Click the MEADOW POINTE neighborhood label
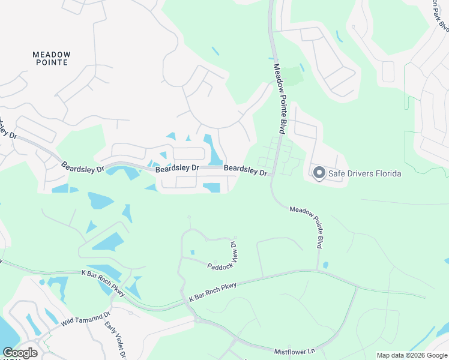(x=51, y=58)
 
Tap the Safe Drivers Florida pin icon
(x=319, y=173)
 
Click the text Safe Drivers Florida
(x=364, y=174)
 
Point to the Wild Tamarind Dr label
(x=86, y=319)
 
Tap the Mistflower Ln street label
(x=295, y=351)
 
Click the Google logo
(x=20, y=353)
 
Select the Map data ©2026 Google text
(x=412, y=355)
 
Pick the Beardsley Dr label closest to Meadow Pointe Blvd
(x=246, y=171)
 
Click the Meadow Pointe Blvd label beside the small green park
(x=279, y=99)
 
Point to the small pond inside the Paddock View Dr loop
(x=192, y=253)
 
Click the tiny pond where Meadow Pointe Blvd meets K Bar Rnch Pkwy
(x=325, y=265)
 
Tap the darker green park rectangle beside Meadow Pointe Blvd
(x=292, y=76)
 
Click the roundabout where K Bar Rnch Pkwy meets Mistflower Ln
(x=196, y=319)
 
